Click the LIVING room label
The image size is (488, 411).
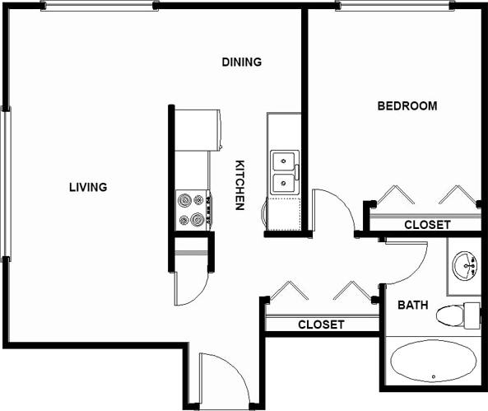coord(88,187)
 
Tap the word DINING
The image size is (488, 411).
coord(242,62)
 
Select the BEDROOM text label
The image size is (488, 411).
coord(407,105)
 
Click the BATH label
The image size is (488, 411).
coord(412,305)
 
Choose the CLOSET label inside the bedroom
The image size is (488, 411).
coord(427,224)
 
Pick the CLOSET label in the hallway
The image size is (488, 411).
coord(321,325)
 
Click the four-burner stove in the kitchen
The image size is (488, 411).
coord(193,210)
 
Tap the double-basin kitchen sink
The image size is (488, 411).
coord(285,171)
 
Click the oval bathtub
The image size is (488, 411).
coord(433,362)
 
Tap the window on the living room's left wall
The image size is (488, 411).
coord(6,183)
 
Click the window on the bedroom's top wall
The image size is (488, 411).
coord(394,6)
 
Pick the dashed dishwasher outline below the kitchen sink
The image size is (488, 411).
coord(286,214)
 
